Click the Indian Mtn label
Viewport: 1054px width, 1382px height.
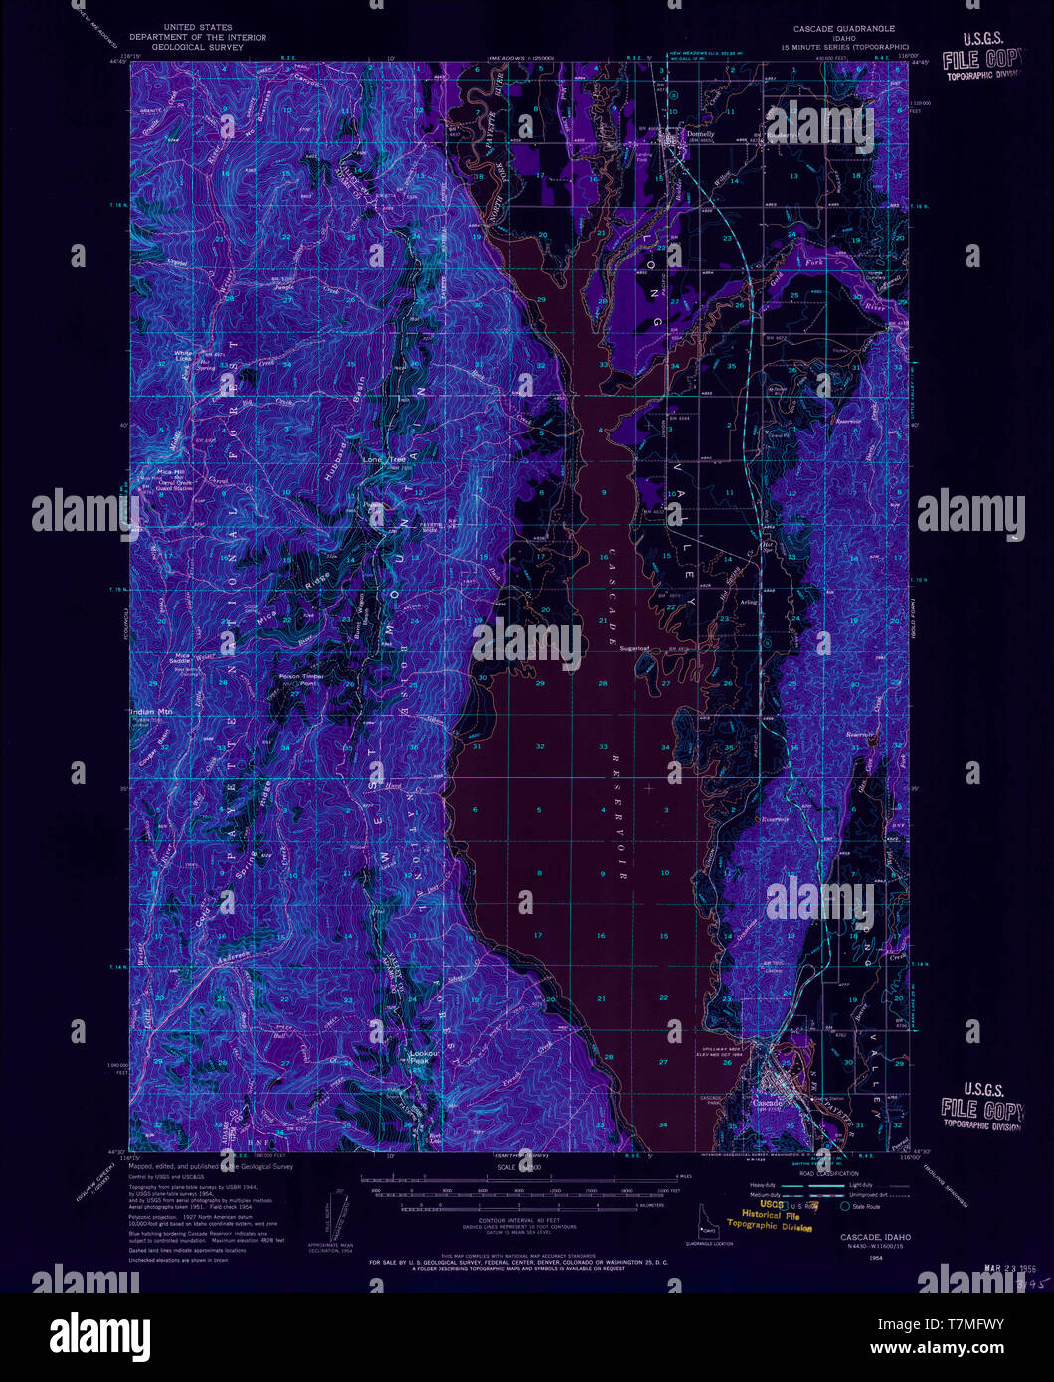point(150,712)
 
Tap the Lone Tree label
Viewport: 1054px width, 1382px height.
point(384,460)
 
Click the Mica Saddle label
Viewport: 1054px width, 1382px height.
point(183,659)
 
